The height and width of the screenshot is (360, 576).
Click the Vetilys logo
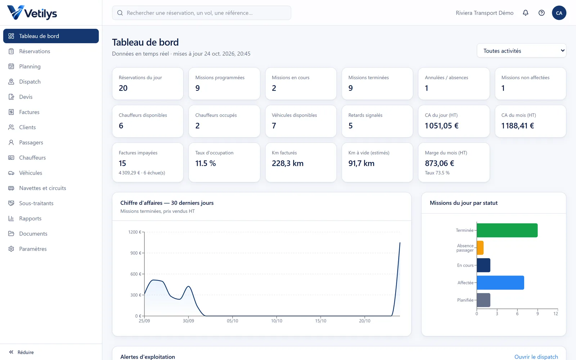(x=32, y=13)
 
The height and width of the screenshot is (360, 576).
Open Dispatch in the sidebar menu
(x=30, y=81)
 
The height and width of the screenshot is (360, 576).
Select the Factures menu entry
(x=29, y=112)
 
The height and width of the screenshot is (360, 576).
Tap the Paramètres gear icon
(x=11, y=249)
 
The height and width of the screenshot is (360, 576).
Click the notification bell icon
(x=526, y=13)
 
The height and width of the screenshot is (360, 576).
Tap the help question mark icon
(x=541, y=13)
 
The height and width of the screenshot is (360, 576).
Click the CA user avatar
(x=559, y=13)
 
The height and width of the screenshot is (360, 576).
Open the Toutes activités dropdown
(x=522, y=51)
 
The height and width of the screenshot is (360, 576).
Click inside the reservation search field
(x=202, y=13)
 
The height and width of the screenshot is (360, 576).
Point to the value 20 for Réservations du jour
(x=123, y=88)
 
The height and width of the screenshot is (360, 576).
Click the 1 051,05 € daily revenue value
(x=441, y=126)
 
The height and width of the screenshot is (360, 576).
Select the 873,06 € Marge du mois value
(x=440, y=163)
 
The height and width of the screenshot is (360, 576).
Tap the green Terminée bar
(x=507, y=230)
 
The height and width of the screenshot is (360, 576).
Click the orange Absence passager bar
(x=480, y=248)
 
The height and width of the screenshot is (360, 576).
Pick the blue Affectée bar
(x=500, y=283)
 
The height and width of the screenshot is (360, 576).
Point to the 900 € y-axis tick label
(x=136, y=253)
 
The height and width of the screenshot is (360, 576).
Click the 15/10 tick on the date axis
(x=321, y=321)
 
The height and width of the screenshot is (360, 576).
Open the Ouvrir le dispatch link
(x=536, y=357)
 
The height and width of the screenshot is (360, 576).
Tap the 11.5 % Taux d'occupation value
(x=206, y=163)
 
